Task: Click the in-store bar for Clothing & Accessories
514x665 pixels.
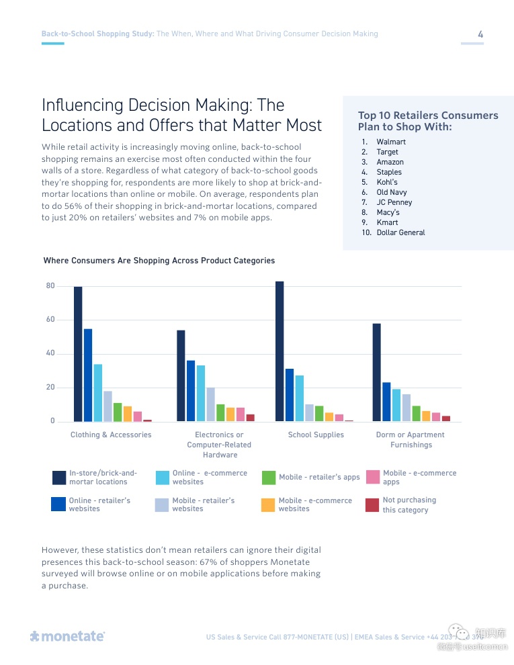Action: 78,354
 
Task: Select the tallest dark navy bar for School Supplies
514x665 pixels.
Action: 280,351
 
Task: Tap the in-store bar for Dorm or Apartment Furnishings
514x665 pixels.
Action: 376,372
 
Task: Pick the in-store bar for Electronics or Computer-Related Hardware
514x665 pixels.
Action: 181,375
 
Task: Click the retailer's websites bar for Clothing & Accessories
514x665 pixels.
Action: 88,375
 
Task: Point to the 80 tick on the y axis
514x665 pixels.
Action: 50,286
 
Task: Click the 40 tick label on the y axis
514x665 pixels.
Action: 50,353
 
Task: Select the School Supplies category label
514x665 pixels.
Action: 316,435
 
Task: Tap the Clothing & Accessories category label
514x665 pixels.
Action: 111,435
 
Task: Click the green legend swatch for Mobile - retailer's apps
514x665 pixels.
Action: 269,478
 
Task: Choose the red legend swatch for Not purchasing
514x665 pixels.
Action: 372,504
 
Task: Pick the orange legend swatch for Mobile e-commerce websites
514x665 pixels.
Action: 269,504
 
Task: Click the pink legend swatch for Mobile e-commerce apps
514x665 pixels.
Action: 372,478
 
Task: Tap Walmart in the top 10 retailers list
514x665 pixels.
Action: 391,142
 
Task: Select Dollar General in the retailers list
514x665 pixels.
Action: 400,232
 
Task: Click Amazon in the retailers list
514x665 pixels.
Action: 390,162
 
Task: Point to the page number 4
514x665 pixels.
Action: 480,34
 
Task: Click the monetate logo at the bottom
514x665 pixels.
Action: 67,635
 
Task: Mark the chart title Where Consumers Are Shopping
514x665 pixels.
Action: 159,261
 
